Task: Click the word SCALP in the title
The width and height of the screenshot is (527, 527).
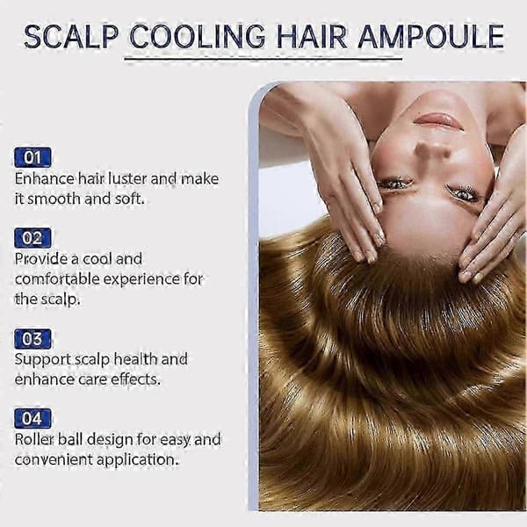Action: point(71,36)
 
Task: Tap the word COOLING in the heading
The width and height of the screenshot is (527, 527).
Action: point(197,36)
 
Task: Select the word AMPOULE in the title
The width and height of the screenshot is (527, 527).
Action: point(431,36)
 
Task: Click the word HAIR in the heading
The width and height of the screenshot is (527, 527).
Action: point(312,36)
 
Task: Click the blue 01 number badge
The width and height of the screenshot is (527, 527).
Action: point(32,157)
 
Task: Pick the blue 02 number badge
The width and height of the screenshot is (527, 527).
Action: point(32,238)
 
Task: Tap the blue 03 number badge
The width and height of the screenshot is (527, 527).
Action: point(32,339)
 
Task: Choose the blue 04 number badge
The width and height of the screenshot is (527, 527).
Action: point(32,418)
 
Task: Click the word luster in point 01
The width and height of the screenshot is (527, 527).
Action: point(127,178)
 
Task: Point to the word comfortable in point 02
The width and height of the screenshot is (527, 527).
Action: point(57,279)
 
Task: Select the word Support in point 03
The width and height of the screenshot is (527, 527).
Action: point(42,360)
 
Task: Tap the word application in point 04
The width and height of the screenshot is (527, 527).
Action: point(137,460)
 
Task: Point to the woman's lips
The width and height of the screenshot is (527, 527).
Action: point(438,121)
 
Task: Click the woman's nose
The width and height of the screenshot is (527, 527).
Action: point(434,150)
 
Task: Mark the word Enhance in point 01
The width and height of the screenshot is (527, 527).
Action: point(44,178)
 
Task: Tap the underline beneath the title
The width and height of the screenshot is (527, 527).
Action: point(263,60)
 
